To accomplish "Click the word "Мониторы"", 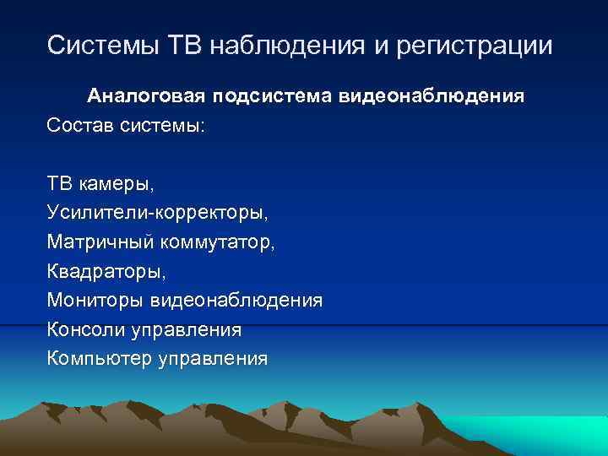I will tap(95, 301).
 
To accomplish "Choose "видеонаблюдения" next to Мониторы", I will tap(236, 301).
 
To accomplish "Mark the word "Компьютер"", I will tap(99, 359).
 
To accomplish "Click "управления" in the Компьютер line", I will tap(213, 359).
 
